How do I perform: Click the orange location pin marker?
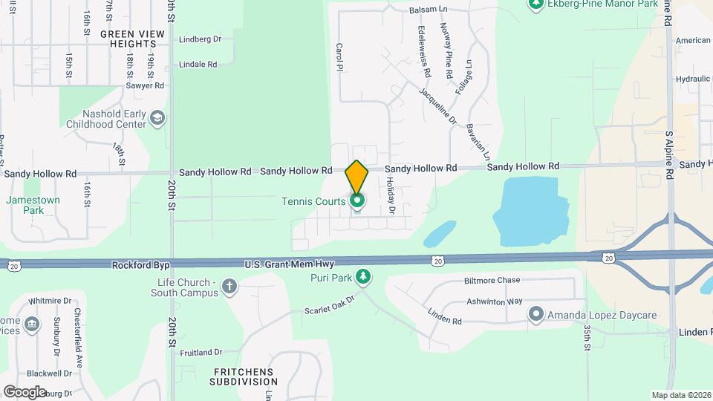357,176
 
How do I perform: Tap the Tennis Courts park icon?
357,201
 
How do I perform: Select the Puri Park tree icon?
363,278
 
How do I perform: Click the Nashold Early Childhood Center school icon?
157,119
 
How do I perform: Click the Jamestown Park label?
33,205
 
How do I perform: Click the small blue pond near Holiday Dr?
440,233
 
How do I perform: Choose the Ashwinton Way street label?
495,301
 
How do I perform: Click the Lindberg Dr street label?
200,39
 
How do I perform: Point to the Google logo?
25,392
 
